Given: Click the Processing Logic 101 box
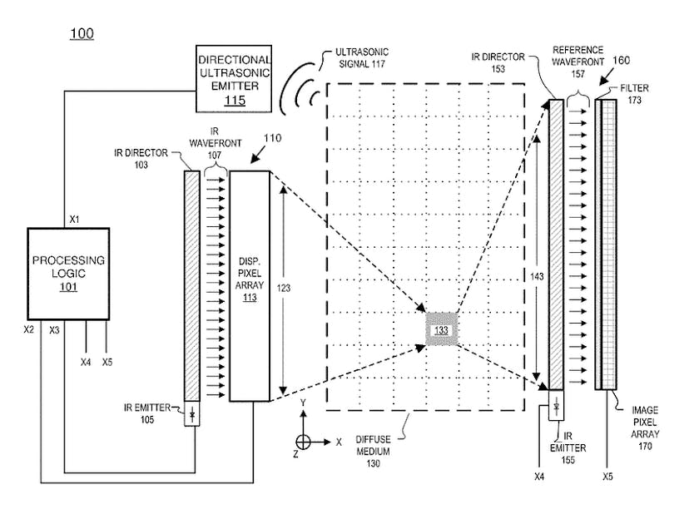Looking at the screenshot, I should pyautogui.click(x=68, y=273).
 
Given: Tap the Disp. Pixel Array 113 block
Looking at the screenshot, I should pyautogui.click(x=250, y=285).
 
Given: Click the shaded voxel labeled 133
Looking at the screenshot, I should pyautogui.click(x=441, y=330).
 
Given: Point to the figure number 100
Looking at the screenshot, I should pyautogui.click(x=81, y=33).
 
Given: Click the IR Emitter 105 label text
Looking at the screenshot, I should pyautogui.click(x=151, y=413).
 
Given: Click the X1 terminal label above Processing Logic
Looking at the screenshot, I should pyautogui.click(x=74, y=220).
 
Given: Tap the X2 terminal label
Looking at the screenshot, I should pyautogui.click(x=28, y=330).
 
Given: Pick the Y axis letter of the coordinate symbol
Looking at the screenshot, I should pyautogui.click(x=304, y=403).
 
